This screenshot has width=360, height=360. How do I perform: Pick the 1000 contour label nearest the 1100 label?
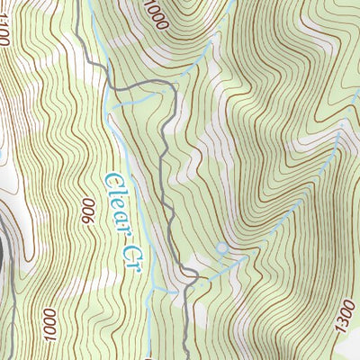(157, 14)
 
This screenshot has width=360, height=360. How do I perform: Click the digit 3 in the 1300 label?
(340, 322)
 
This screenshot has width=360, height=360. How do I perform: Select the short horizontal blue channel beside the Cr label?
(163, 289)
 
